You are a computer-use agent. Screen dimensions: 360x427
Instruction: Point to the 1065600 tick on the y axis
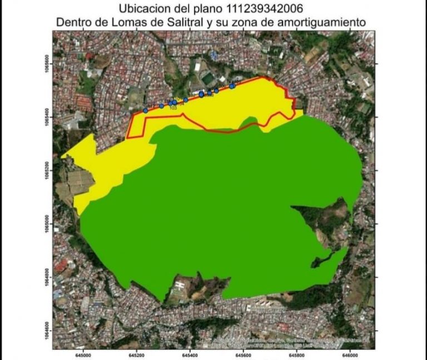[48, 64]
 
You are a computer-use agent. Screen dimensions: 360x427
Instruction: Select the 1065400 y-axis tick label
[48, 117]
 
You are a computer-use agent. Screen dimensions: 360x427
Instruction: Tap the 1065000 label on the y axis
[48, 224]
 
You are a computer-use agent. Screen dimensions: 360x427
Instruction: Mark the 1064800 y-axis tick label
[48, 278]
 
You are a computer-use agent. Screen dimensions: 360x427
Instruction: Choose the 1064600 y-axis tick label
[48, 331]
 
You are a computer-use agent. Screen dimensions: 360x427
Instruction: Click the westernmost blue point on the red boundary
[146, 110]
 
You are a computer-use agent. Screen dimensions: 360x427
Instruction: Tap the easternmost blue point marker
[232, 86]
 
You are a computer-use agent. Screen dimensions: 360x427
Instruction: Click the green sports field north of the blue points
[208, 79]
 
